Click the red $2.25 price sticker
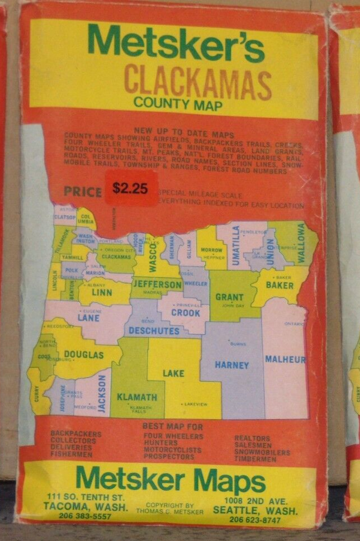tap(130, 188)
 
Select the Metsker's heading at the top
tap(176, 44)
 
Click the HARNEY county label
tap(231, 365)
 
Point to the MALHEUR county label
tap(285, 359)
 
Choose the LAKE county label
tap(173, 373)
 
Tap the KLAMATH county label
tap(136, 397)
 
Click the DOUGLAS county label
tap(84, 354)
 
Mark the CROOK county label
tap(185, 313)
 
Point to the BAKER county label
tap(280, 285)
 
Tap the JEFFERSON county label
tap(157, 284)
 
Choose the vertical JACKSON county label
tap(102, 393)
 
